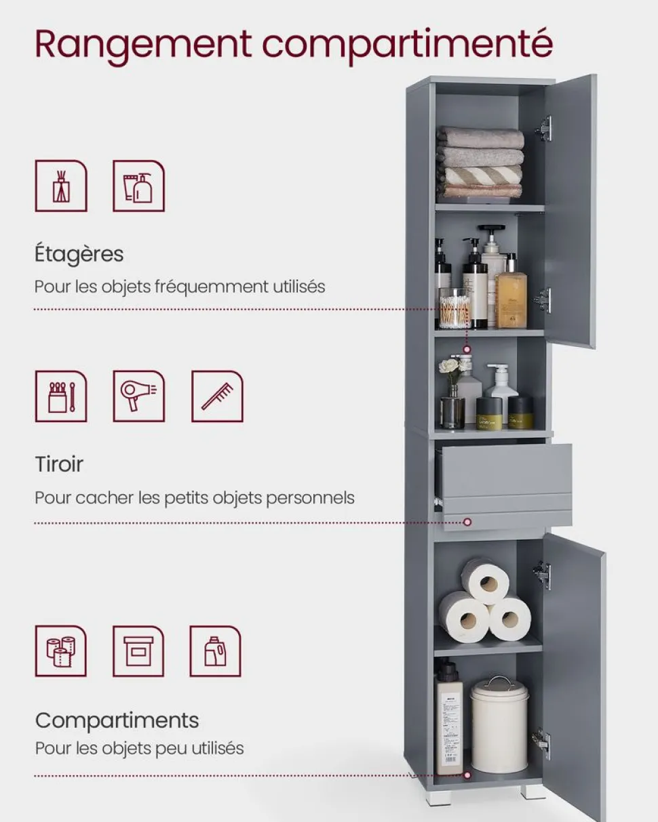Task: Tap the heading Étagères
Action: [79, 253]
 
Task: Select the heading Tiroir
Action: [59, 464]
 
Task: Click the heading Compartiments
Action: [117, 720]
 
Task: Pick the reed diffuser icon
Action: [61, 186]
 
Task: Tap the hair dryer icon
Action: [139, 396]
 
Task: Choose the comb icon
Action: [217, 396]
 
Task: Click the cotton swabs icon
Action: [61, 396]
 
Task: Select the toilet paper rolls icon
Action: [61, 651]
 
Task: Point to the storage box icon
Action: [138, 651]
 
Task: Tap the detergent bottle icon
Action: [215, 651]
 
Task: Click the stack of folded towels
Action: [480, 163]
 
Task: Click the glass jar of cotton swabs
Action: [454, 308]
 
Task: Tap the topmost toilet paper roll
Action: [485, 581]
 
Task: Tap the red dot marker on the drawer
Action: [467, 522]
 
